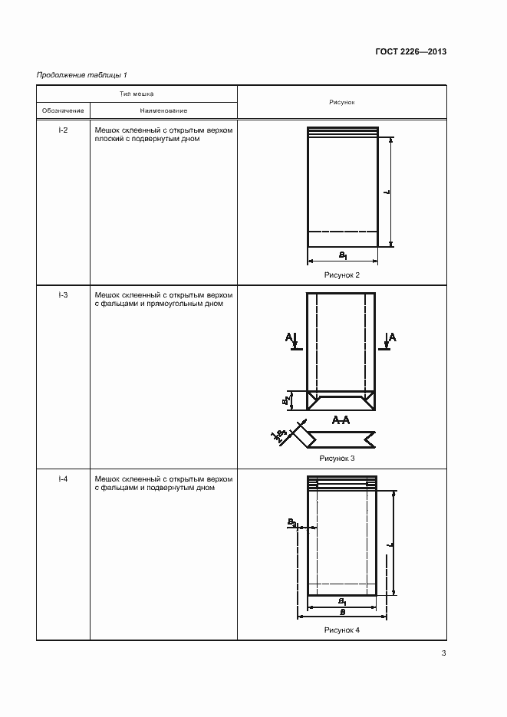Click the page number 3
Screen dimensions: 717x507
(443, 653)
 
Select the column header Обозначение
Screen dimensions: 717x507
(63, 111)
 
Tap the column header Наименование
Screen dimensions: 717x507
(163, 111)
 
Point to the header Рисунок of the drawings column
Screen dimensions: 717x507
(341, 102)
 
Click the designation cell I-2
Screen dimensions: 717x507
(63, 130)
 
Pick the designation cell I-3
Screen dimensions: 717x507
(63, 294)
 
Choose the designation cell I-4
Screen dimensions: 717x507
(63, 479)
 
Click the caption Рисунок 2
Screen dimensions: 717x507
(342, 274)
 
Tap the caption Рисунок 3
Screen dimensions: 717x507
(341, 458)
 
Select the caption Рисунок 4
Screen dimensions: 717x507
(341, 630)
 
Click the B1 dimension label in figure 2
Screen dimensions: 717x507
(343, 254)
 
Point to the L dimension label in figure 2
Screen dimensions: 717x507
(387, 191)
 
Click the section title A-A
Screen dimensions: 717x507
(341, 420)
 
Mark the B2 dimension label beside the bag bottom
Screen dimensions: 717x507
(284, 400)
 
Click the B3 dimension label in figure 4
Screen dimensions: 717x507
(292, 522)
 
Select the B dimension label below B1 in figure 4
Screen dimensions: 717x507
(342, 613)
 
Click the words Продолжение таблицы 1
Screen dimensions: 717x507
(82, 74)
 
